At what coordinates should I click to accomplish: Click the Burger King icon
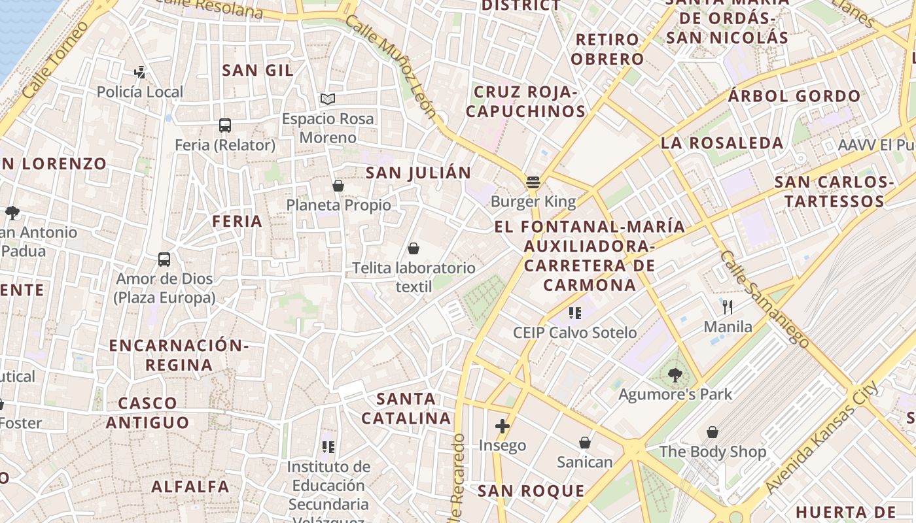point(533,182)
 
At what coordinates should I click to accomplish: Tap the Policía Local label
point(140,92)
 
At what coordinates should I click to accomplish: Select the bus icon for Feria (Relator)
point(225,126)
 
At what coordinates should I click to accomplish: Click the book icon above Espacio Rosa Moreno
point(328,99)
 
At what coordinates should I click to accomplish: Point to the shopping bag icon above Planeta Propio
point(338,186)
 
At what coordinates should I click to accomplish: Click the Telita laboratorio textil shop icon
point(414,248)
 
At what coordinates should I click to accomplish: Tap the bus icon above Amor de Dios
point(164,260)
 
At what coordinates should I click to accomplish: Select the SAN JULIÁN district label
point(418,173)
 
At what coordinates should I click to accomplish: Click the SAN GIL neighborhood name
point(258,71)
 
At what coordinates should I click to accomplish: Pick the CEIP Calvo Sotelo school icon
point(575,313)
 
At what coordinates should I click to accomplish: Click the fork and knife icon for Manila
point(728,307)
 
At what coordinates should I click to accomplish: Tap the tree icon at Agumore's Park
point(675,375)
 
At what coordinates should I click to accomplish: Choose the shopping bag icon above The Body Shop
point(713,432)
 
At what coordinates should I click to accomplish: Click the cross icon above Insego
point(502,427)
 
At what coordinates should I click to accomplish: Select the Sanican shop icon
point(585,443)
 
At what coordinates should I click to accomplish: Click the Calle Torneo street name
point(55,61)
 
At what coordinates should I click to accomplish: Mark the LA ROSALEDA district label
point(722,143)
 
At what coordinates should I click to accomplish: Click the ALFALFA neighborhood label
point(190,486)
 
